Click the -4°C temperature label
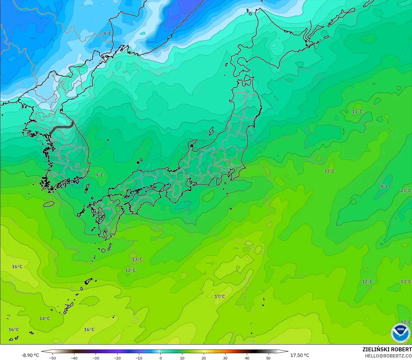(106, 34)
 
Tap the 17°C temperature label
(220, 297)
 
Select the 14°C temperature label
(44, 319)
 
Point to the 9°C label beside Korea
(100, 175)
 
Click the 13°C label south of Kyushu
(137, 259)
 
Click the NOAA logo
(400, 333)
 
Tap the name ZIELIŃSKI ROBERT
(387, 349)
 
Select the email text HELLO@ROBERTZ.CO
(388, 356)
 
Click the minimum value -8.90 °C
(30, 355)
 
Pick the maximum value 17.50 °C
(300, 355)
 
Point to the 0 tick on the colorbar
(160, 358)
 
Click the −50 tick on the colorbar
(53, 358)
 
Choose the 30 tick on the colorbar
(225, 358)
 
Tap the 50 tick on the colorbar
(268, 358)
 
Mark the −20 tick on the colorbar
(117, 358)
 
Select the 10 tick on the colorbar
(182, 358)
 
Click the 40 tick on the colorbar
(247, 358)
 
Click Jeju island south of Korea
(49, 204)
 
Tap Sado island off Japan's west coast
(211, 131)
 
